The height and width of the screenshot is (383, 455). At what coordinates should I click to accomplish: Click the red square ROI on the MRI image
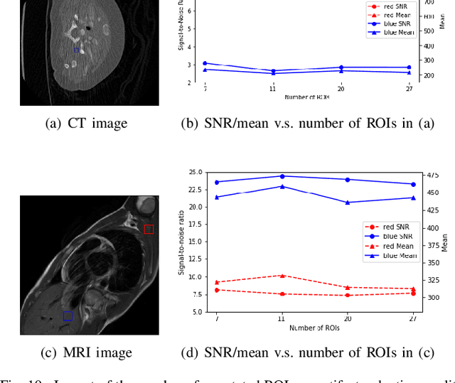149,229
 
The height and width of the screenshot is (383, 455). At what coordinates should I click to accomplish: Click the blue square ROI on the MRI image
68,315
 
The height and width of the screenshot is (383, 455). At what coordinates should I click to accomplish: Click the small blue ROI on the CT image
76,50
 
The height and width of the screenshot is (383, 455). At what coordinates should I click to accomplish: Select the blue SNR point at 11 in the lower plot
282,176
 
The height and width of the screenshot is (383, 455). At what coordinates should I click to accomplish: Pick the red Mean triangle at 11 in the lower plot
282,276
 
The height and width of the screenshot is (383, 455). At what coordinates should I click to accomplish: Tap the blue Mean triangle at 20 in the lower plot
347,203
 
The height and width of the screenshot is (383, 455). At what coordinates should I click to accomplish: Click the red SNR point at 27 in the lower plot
413,293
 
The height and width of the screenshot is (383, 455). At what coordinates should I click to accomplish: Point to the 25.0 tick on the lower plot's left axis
194,172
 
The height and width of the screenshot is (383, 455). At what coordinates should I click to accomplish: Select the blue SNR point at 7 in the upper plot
205,63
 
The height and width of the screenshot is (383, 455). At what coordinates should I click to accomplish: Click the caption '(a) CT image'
86,123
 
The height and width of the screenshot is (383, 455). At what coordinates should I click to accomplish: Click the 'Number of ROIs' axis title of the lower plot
314,328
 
